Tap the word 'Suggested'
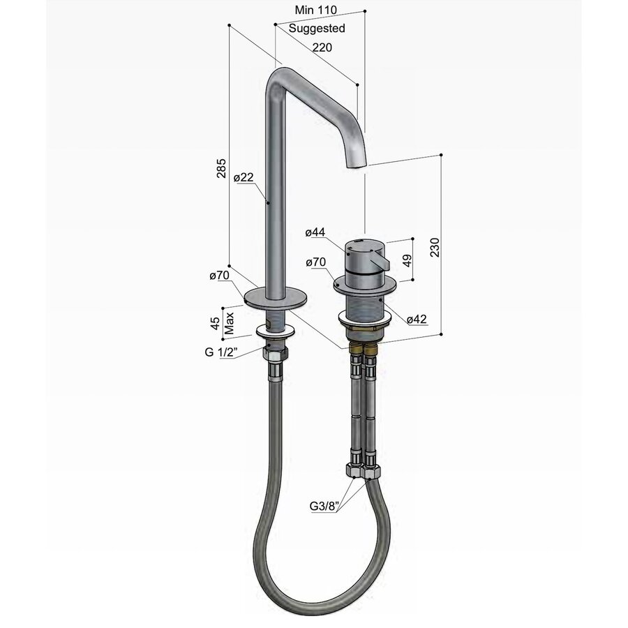[317, 29]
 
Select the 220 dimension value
[321, 47]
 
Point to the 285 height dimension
[221, 168]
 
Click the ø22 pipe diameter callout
[244, 178]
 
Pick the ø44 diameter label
[315, 232]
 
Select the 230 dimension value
[435, 247]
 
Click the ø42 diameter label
[417, 319]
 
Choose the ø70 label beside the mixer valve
[315, 262]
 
